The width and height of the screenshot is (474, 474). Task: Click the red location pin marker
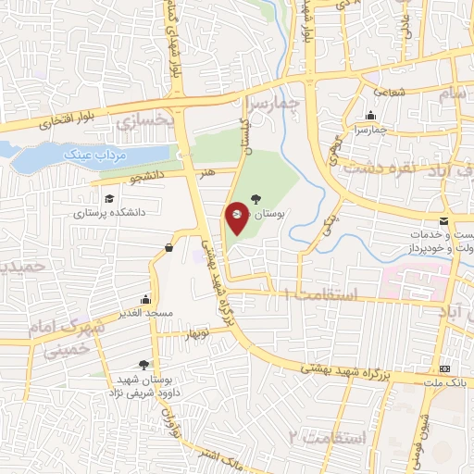(x=237, y=217)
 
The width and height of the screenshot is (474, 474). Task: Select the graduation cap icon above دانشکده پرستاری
(x=109, y=199)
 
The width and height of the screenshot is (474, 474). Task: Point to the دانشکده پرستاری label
(x=109, y=212)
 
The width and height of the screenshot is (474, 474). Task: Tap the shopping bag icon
(x=168, y=247)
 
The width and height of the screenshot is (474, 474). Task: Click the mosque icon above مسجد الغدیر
(x=145, y=299)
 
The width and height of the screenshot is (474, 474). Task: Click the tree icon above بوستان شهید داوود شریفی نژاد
(x=143, y=365)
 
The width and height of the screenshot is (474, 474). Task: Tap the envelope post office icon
(x=445, y=220)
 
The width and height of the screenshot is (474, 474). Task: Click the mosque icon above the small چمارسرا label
(x=370, y=117)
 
